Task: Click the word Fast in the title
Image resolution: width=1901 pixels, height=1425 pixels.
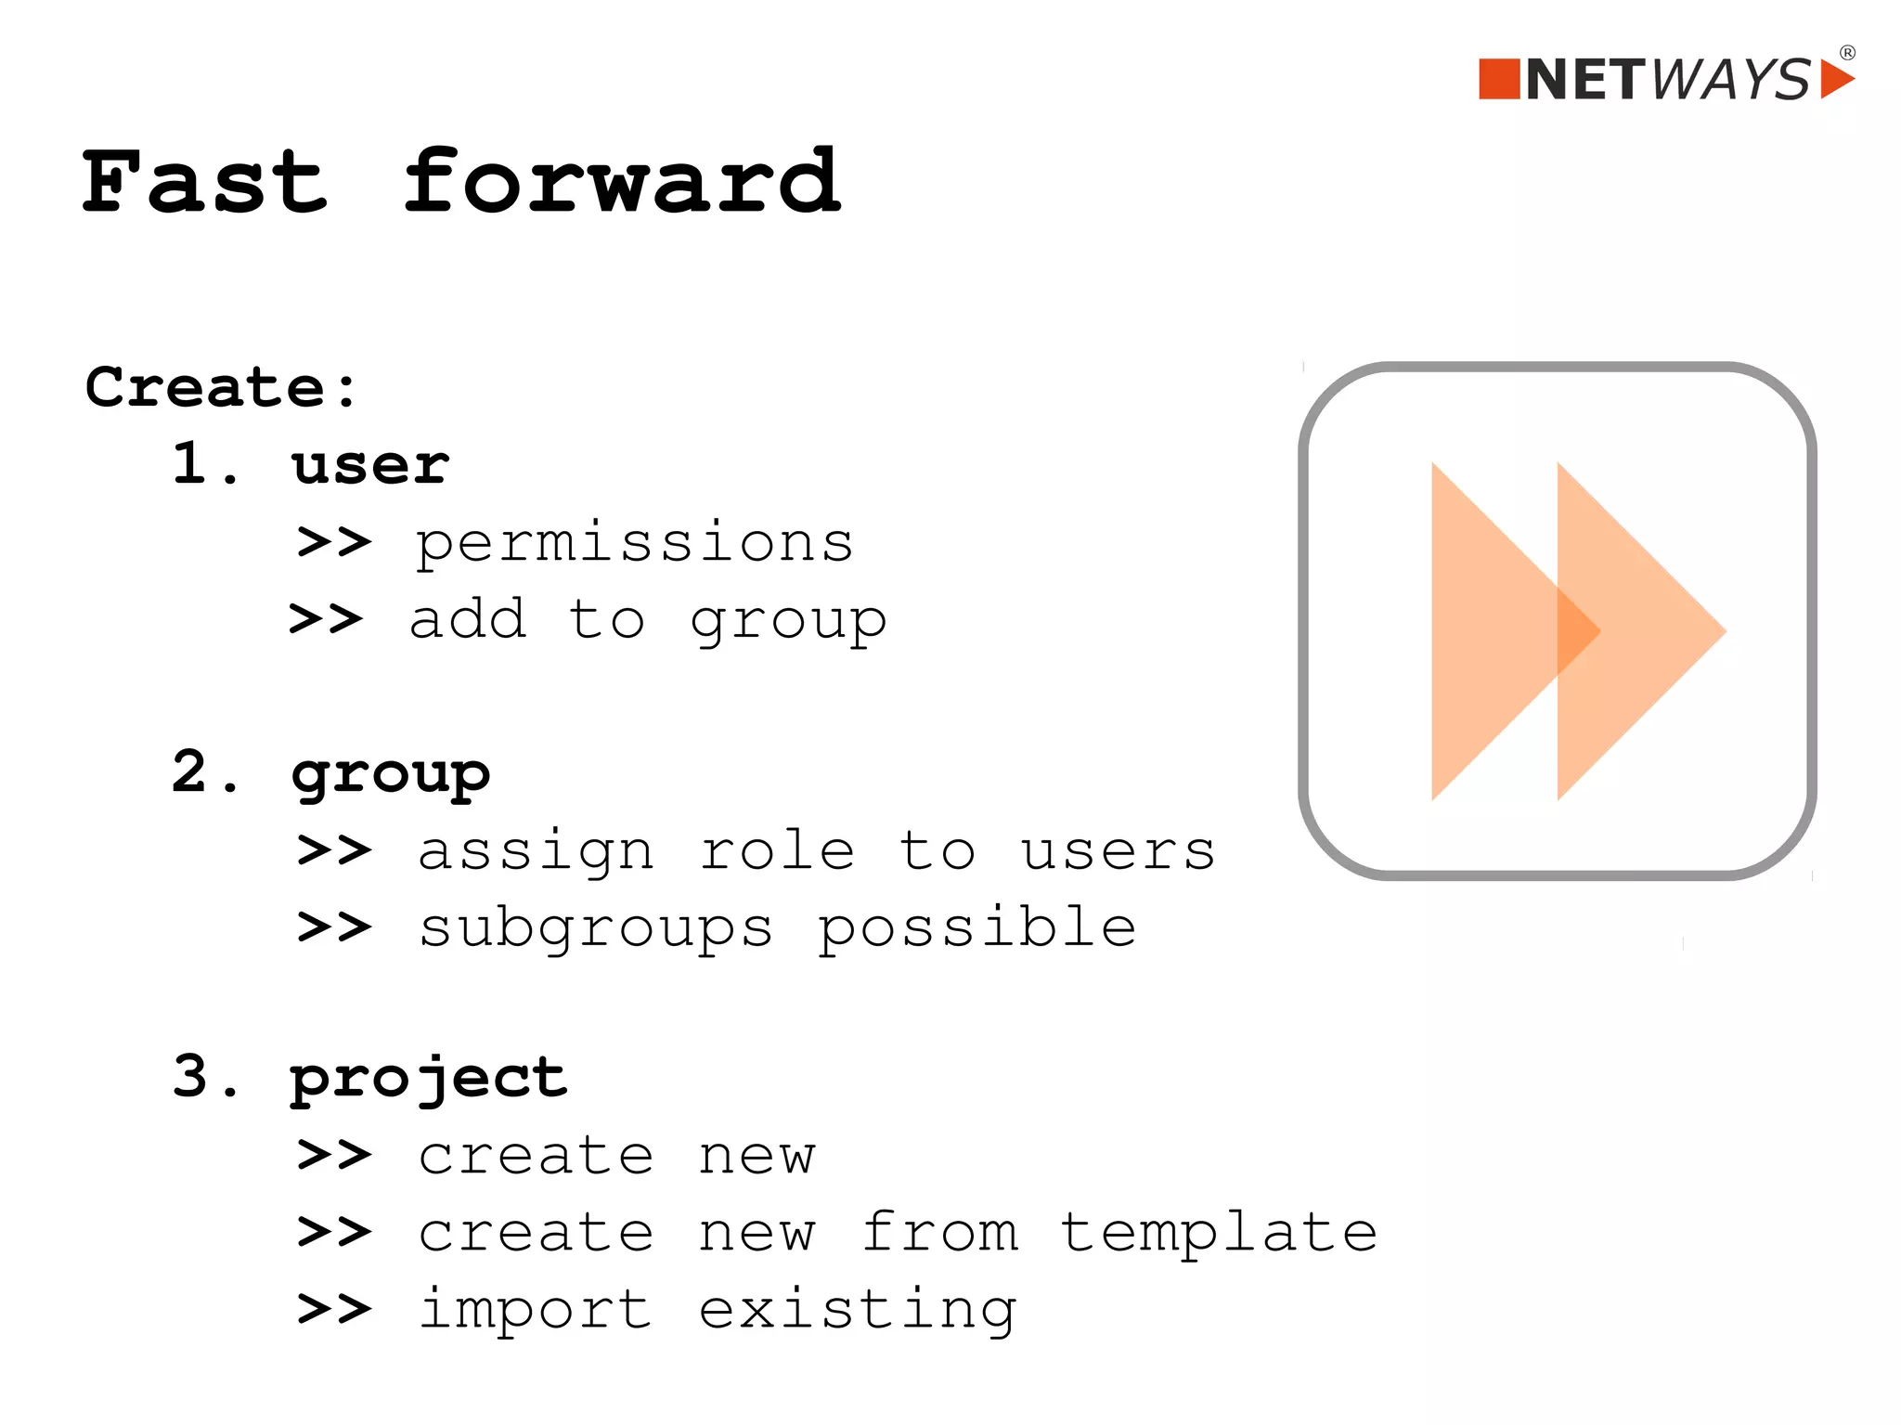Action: tap(204, 182)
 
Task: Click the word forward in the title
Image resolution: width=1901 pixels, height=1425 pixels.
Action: tap(622, 182)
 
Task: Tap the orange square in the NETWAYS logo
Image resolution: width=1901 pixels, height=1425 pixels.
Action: tap(1498, 79)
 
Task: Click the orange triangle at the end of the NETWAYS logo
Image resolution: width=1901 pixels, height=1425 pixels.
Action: tap(1834, 79)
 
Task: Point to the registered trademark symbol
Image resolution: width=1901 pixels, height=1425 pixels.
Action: tap(1847, 53)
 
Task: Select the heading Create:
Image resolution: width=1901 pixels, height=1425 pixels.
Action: tap(221, 387)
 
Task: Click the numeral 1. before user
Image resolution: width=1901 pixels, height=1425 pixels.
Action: tap(204, 463)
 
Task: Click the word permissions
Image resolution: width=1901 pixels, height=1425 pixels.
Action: tap(634, 543)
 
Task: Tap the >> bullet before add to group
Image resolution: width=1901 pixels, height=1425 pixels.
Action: tap(326, 618)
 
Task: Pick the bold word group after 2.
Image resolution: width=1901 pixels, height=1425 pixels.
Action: tap(390, 773)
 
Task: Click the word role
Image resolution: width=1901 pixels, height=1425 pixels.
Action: tap(777, 851)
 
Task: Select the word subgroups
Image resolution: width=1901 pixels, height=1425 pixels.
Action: tap(595, 928)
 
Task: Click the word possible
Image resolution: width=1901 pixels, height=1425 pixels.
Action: tap(976, 928)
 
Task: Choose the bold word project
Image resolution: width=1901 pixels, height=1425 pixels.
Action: tap(428, 1079)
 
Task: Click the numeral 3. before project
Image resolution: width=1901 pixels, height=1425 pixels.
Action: tap(204, 1077)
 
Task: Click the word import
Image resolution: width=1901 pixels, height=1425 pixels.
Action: tap(535, 1311)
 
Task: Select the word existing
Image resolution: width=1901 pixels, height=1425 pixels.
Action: tap(858, 1311)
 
